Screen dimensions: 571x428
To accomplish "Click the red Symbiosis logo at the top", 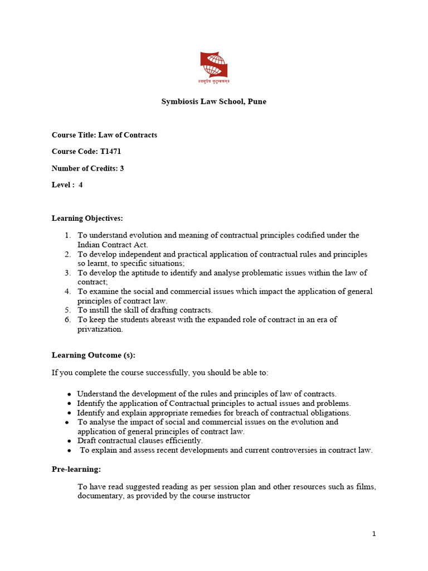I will click(214, 65).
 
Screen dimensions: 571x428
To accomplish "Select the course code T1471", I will click(111, 152).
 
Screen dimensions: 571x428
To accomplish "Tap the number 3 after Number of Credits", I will click(121, 168).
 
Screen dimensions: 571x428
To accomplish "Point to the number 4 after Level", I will click(81, 185).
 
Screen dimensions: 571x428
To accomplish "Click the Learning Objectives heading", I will click(87, 218).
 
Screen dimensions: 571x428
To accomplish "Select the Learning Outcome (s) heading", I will click(93, 355).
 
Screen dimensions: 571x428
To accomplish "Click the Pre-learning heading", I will click(76, 470).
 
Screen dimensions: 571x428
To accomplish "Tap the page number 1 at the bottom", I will click(374, 534).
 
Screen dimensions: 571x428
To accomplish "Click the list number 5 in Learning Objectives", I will click(67, 310).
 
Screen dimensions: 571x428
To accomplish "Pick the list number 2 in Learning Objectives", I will click(67, 254).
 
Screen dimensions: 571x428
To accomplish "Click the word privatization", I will click(100, 329).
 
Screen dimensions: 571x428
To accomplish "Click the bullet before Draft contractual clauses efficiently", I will click(69, 441).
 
